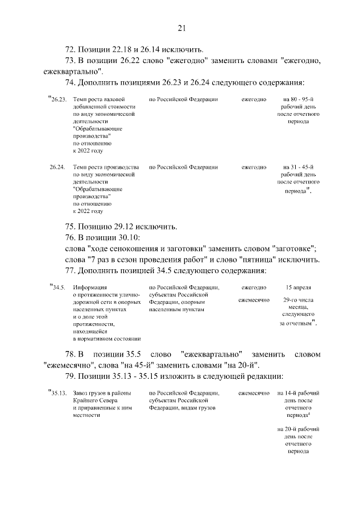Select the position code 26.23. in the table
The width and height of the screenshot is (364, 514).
click(59, 99)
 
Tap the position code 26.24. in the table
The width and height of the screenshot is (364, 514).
click(57, 168)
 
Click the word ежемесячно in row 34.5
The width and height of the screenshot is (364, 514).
click(254, 299)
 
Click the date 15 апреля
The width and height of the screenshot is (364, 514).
click(298, 287)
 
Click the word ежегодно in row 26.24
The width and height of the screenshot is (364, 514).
click(254, 168)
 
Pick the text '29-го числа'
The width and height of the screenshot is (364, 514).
click(298, 299)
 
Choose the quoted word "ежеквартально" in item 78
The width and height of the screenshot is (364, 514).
click(213, 354)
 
